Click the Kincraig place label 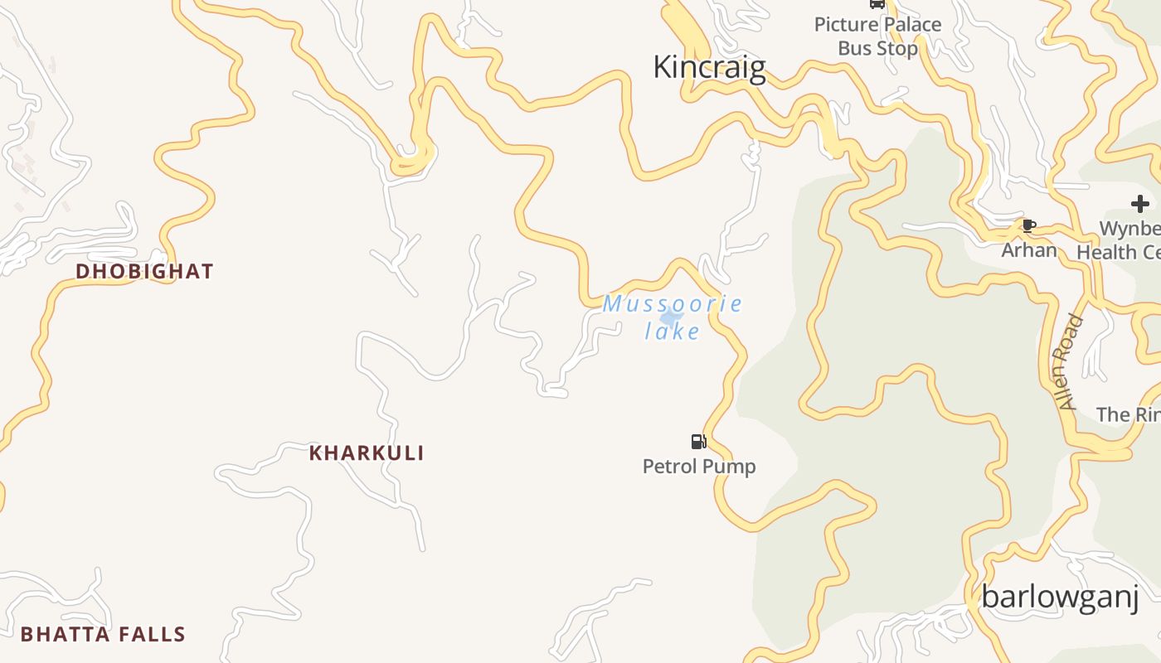[709, 67]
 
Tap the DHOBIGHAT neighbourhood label [144, 271]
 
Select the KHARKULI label [367, 453]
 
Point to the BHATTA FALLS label [103, 635]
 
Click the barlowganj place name [1059, 597]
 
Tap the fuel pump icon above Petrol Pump [698, 442]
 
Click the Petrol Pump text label [699, 467]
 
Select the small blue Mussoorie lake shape [670, 317]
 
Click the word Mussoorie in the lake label [673, 303]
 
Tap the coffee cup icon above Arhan [1029, 225]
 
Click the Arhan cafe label [1029, 249]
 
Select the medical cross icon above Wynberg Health [1140, 204]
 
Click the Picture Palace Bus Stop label [877, 36]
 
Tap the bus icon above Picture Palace [877, 3]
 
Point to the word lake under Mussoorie [673, 331]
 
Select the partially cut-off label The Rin [1128, 414]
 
